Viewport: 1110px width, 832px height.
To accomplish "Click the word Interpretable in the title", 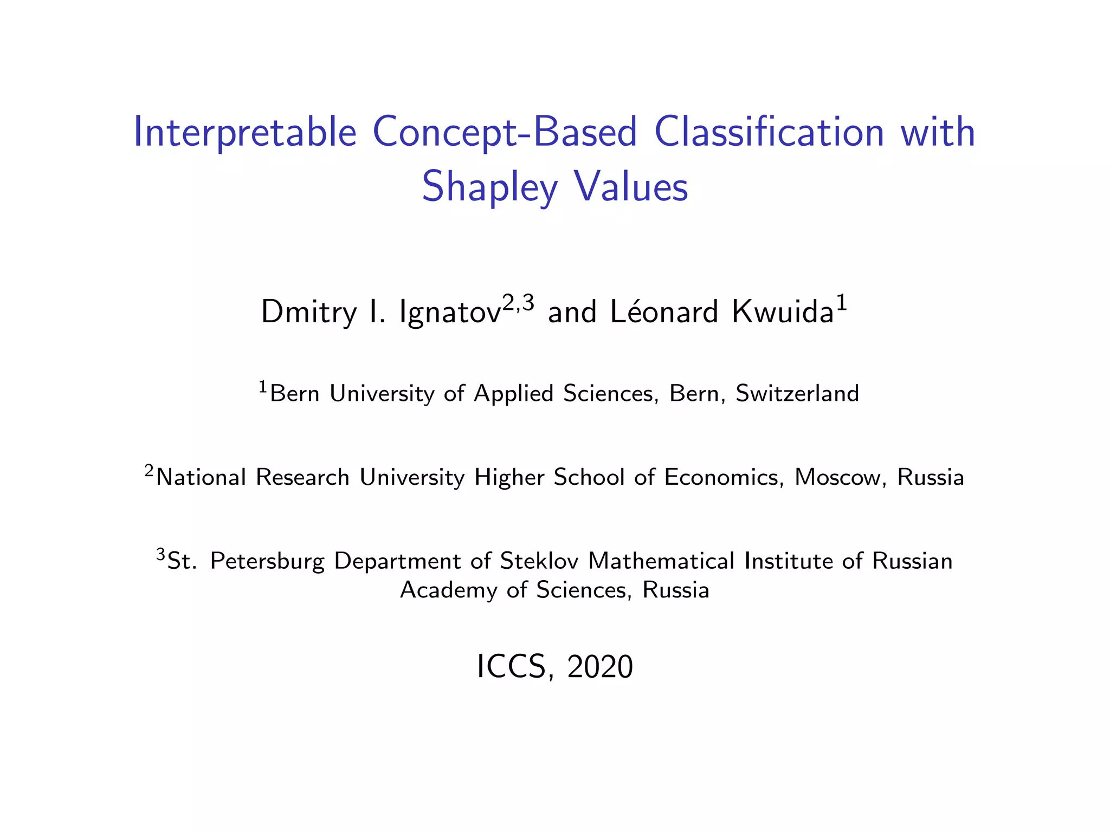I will [245, 133].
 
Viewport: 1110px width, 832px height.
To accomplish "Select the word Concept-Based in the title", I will [504, 133].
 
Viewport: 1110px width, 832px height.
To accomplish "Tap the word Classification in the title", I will [769, 133].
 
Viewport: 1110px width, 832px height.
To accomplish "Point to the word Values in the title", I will [631, 186].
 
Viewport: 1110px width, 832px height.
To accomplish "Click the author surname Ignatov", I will [449, 313].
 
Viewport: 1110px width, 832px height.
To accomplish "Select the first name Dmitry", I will [308, 313].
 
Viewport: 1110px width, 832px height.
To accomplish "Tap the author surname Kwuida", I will [782, 312].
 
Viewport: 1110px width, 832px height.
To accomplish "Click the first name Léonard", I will [663, 312].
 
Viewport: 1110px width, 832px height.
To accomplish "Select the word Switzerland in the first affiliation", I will [797, 393].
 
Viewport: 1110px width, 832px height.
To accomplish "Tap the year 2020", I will [600, 667].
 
